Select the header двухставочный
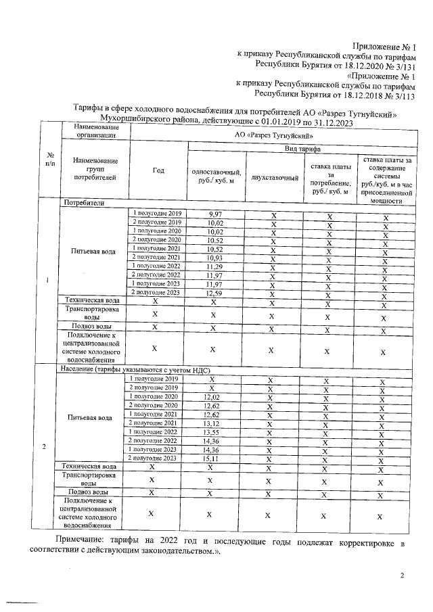pyautogui.click(x=274, y=177)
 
